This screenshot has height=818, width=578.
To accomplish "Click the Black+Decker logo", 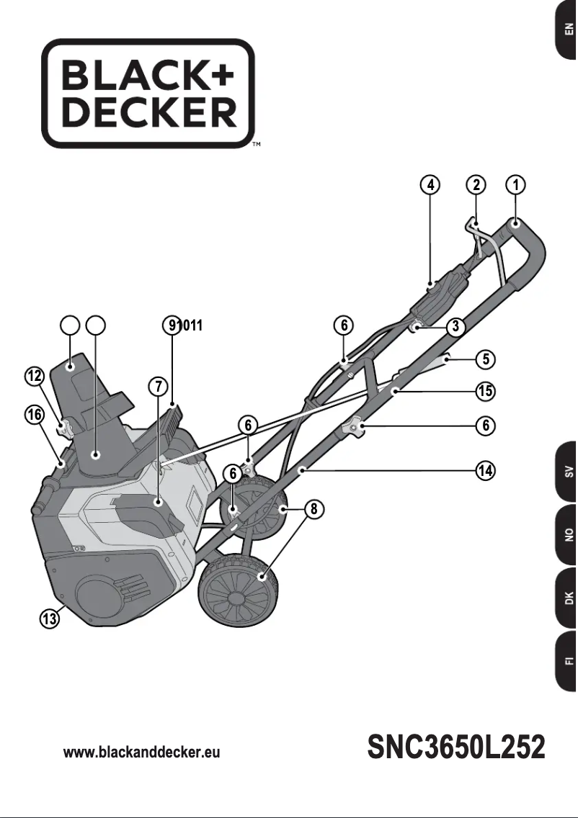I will point(148,94).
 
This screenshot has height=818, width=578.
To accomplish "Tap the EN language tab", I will point(567,30).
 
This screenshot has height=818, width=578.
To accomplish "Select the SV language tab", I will point(567,472).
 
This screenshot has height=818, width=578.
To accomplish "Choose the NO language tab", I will point(567,534).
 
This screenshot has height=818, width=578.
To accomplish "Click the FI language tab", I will point(567,660).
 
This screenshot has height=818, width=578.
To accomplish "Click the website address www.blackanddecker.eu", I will point(141,752).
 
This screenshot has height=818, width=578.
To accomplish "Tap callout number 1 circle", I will point(515,185).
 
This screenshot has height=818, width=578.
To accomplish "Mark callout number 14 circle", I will point(486,471).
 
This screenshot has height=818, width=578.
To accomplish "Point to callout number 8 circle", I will point(313,509).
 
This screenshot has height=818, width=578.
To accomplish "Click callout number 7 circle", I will point(159,386).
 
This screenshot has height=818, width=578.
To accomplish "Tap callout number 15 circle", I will point(486,392).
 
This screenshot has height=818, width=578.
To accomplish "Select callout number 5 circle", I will point(486,358).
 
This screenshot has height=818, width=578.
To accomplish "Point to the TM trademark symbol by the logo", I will point(256,145).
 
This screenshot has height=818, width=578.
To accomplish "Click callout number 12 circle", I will point(33,376).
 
